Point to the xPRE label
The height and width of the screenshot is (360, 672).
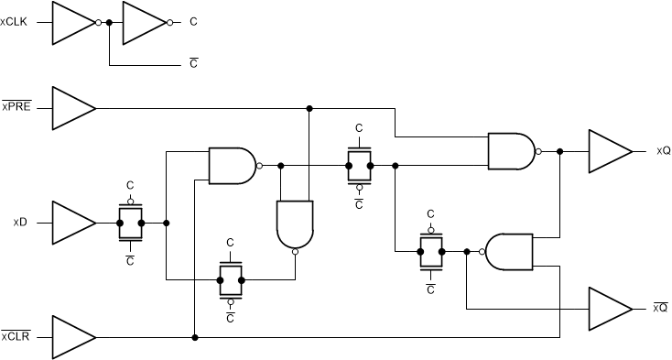click(x=17, y=107)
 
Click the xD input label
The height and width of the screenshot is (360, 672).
click(x=19, y=223)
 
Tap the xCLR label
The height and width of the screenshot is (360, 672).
click(x=17, y=336)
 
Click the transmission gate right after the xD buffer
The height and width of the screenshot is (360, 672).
click(x=131, y=223)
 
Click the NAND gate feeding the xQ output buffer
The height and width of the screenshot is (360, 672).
click(x=512, y=151)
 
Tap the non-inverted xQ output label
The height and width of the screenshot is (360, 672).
click(x=664, y=151)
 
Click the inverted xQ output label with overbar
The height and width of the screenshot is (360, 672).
click(x=661, y=308)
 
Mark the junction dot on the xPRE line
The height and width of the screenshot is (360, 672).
click(x=309, y=108)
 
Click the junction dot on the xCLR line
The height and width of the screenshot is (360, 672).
click(x=195, y=337)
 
